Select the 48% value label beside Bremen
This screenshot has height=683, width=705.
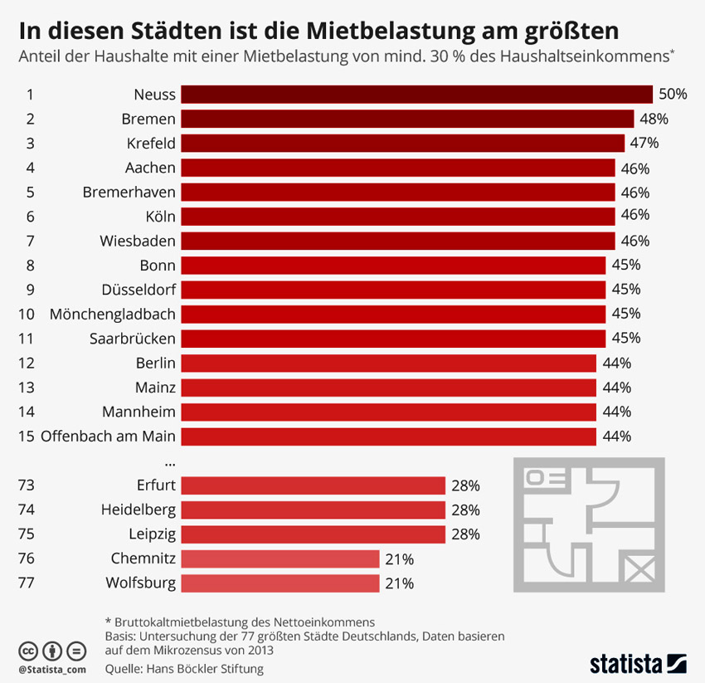tap(654, 119)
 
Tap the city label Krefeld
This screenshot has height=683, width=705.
tap(151, 144)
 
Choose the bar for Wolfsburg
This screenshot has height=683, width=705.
tap(280, 583)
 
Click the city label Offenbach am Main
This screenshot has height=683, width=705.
tap(108, 436)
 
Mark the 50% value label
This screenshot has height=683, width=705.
tap(673, 95)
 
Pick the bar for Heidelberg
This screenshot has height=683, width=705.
tap(314, 510)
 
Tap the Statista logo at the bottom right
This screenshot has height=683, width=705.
tap(638, 663)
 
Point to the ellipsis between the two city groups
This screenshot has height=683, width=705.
tap(170, 461)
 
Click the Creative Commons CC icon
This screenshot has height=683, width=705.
tap(28, 650)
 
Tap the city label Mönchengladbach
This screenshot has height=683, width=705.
tap(113, 314)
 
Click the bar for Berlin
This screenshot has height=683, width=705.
tap(388, 363)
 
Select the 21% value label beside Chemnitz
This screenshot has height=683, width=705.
tap(399, 559)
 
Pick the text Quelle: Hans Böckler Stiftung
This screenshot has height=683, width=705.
tap(184, 668)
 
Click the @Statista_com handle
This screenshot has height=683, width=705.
tap(51, 668)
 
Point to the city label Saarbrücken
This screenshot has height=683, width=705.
tap(133, 339)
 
